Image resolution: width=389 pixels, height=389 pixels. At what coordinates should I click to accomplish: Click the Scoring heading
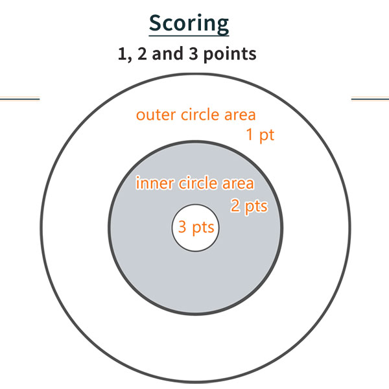[x=189, y=24]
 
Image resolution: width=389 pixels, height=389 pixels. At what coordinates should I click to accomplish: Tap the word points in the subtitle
[x=230, y=54]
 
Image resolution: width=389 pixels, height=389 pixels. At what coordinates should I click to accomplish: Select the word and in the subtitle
[x=167, y=54]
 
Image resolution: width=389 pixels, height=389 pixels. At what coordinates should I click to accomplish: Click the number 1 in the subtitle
[x=123, y=54]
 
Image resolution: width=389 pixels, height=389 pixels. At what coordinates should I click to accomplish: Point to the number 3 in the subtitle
[x=193, y=54]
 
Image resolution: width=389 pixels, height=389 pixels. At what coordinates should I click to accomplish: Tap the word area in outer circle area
[x=240, y=115]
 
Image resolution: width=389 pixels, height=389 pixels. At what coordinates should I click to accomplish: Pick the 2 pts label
[x=250, y=206]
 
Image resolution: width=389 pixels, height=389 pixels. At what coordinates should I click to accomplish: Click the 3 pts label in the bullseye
[x=196, y=228]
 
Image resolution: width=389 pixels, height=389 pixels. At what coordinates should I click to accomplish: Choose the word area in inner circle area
[x=238, y=183]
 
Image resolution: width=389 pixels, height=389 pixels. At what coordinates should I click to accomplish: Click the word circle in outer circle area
[x=200, y=115]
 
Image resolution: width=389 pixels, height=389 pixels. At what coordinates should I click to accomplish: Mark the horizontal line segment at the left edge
[x=20, y=99]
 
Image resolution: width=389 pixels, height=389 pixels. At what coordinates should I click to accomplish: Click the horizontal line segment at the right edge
[x=370, y=99]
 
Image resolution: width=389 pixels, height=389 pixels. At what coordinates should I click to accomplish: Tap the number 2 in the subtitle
[x=142, y=54]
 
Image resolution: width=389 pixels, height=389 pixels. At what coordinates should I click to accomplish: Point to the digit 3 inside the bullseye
[x=182, y=227]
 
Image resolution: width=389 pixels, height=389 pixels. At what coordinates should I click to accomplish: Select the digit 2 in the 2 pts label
[x=235, y=206]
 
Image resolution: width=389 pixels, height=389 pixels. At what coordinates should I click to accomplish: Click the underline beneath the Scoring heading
[x=189, y=36]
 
